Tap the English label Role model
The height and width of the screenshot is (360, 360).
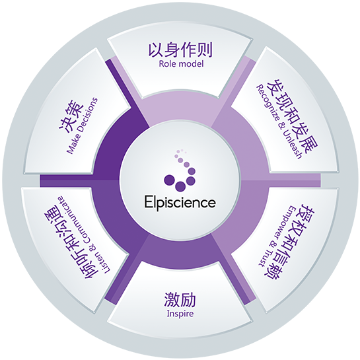point(181,63)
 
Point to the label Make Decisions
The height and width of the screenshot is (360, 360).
point(82,126)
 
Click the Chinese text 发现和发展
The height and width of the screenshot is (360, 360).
point(293,118)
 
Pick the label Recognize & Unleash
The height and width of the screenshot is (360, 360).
point(279,122)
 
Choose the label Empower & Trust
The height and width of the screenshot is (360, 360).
point(276,236)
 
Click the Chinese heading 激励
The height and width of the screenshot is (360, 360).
point(180,299)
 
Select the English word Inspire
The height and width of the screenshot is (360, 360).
point(180,314)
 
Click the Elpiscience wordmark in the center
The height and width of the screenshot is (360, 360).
point(180,202)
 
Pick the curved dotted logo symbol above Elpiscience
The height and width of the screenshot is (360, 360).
point(180,170)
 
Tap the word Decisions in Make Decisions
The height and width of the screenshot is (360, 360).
point(87,117)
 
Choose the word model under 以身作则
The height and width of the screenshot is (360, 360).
point(193,63)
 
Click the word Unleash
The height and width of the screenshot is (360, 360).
point(292,145)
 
